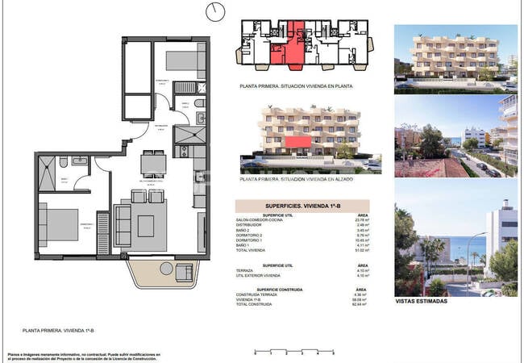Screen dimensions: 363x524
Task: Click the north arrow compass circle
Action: [x=215, y=11]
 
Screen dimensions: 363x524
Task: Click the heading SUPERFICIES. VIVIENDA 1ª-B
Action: [x=302, y=207]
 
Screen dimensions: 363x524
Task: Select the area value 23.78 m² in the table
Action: [x=361, y=220]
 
